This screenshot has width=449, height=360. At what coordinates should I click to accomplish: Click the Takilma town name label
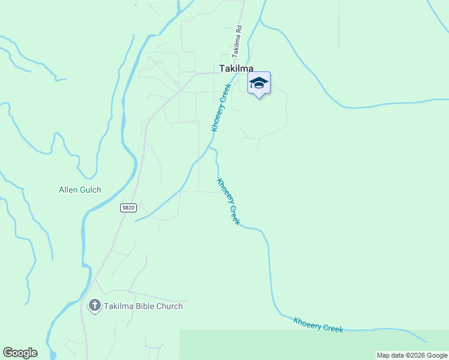(236, 69)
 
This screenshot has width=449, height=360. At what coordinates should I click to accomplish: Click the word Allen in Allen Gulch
(69, 190)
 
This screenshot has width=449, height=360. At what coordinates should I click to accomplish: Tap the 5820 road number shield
(128, 208)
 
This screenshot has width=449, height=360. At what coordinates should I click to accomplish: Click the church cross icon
(94, 306)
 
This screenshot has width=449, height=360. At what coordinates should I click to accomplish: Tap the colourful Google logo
(20, 353)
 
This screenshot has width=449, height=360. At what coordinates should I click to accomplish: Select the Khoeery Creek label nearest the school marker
(221, 109)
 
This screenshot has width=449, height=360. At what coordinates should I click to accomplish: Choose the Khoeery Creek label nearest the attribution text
(318, 325)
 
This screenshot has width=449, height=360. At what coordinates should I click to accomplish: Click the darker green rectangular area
(312, 345)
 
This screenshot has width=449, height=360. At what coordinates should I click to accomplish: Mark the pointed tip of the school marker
(259, 98)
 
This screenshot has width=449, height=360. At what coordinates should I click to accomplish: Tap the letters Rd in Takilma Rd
(239, 29)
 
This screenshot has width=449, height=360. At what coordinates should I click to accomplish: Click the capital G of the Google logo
(7, 353)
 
